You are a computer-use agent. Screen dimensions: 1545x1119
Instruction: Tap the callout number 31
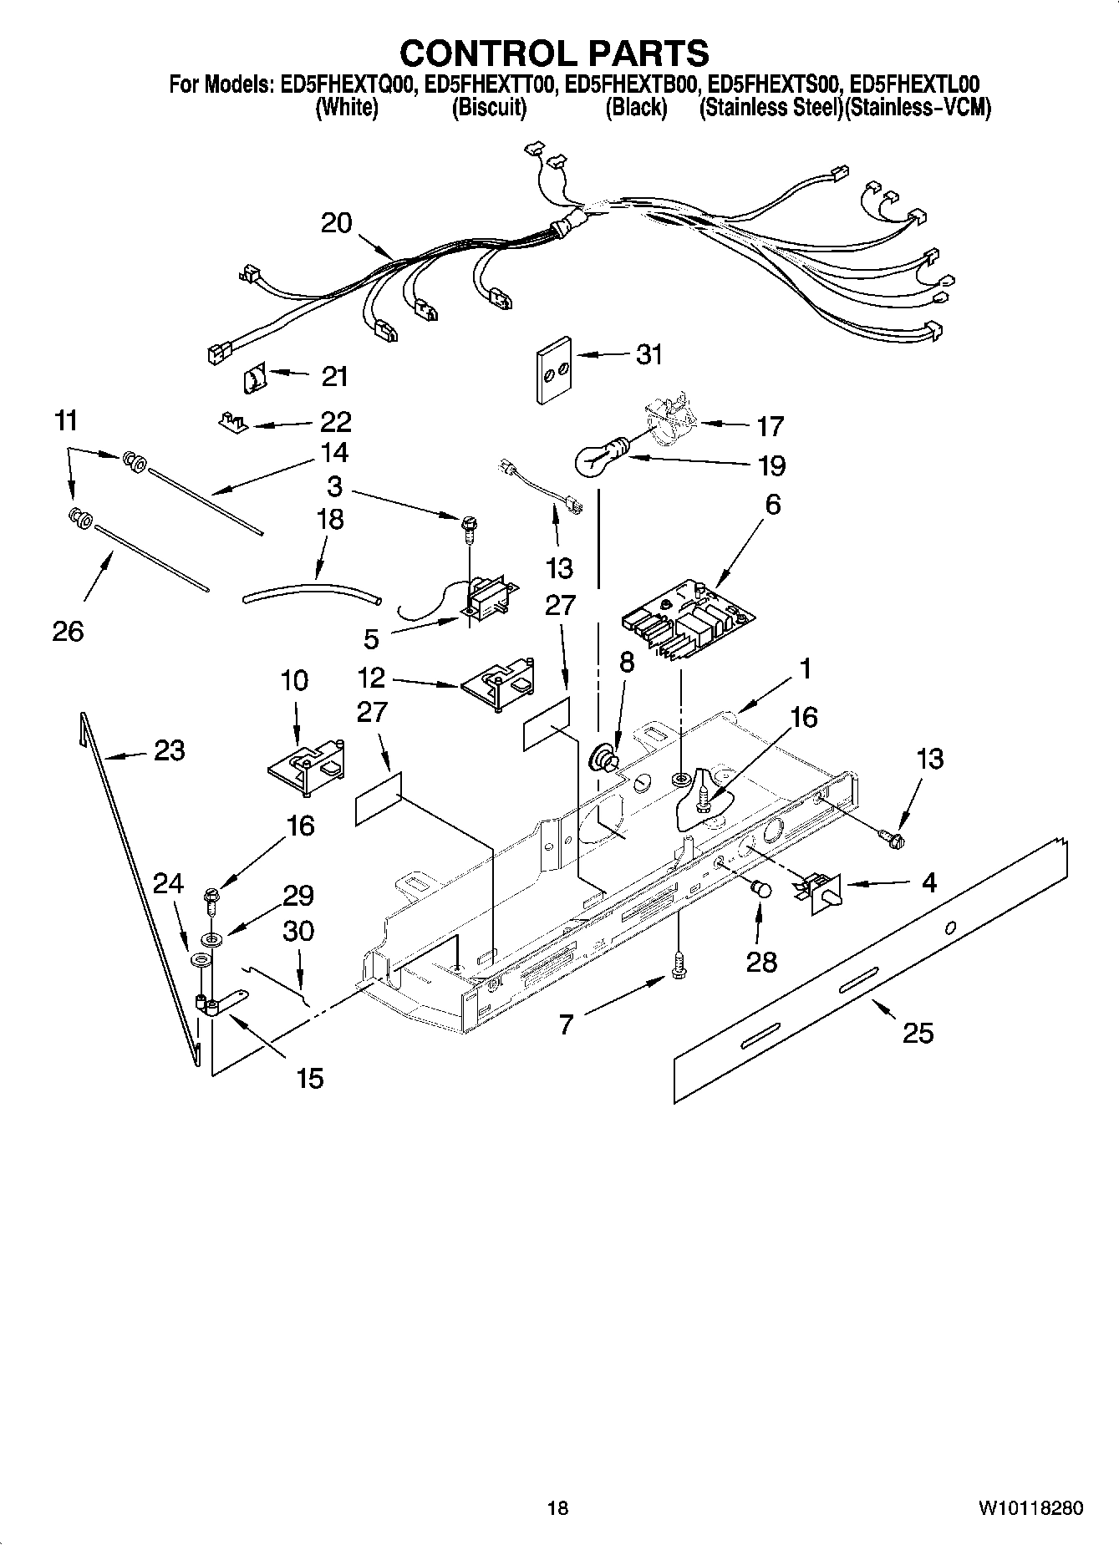click(649, 354)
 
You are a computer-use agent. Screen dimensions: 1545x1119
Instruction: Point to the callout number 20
click(337, 223)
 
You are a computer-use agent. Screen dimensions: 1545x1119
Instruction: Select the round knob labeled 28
click(760, 889)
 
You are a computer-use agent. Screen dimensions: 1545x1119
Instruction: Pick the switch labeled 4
click(819, 889)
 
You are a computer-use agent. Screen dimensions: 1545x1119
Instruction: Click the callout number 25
click(917, 1033)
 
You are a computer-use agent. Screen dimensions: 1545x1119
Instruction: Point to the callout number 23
click(169, 750)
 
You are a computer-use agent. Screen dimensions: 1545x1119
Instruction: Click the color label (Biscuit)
click(488, 108)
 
